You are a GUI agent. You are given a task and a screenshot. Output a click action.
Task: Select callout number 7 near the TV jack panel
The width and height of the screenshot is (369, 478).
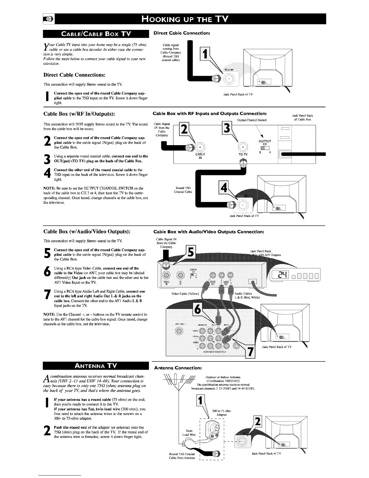[x=249, y=351]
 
